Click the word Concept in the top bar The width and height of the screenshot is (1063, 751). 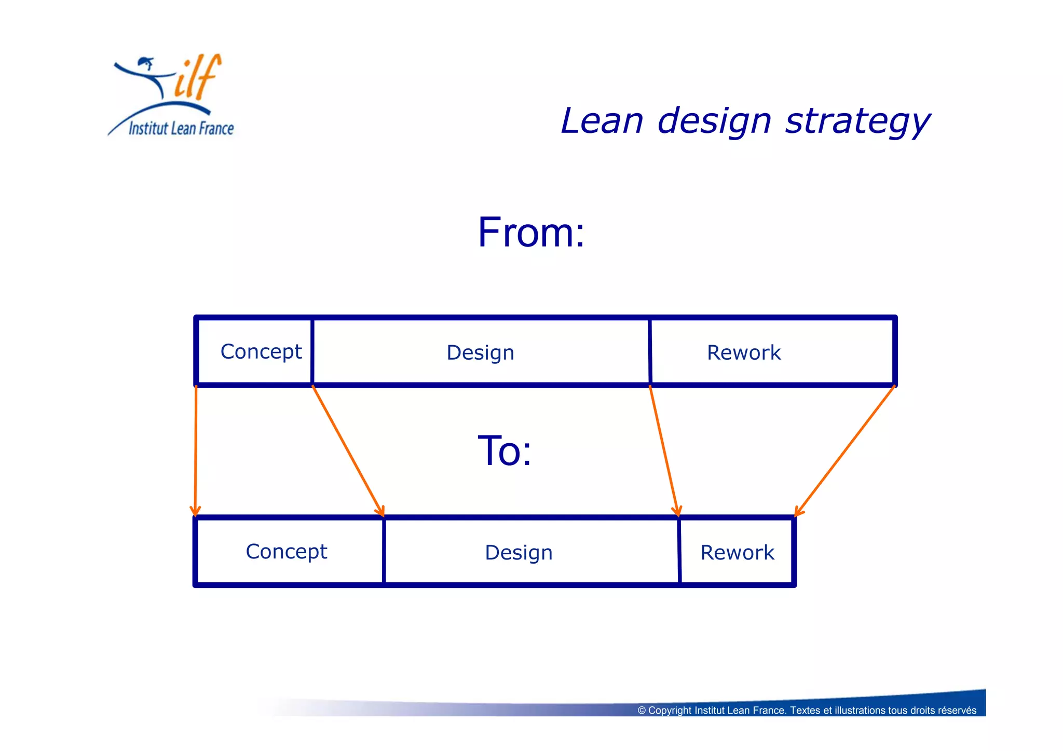(x=261, y=352)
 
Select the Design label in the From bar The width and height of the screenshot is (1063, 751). (x=480, y=353)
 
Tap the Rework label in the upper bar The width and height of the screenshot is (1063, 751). (x=743, y=353)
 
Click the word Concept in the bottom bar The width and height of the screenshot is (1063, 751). (x=286, y=552)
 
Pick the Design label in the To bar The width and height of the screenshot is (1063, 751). (x=519, y=553)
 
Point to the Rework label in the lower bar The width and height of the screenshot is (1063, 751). (x=737, y=553)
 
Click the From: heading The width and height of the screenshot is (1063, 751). (x=531, y=233)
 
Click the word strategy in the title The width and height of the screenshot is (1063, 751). (x=857, y=121)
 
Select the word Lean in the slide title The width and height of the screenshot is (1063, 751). (x=602, y=121)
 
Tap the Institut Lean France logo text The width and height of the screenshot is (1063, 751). (x=181, y=128)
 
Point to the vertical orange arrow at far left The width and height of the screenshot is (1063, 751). (x=196, y=452)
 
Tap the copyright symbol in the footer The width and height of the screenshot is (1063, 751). (x=642, y=711)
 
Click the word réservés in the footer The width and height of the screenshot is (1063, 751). (x=957, y=711)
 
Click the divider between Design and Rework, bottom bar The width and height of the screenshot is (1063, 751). (x=679, y=552)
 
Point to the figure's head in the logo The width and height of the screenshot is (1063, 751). (x=146, y=63)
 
